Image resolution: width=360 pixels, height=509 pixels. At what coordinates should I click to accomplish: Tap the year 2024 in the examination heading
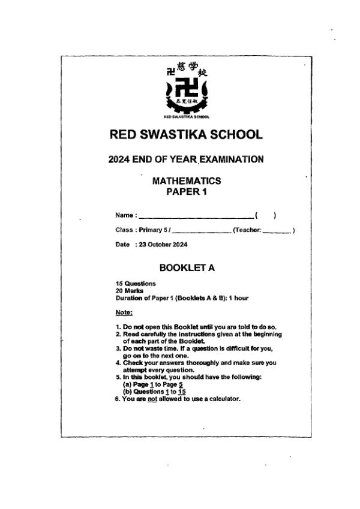121,159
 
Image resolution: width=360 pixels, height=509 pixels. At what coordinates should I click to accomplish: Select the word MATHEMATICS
187,180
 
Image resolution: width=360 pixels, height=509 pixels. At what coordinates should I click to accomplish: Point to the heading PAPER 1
186,192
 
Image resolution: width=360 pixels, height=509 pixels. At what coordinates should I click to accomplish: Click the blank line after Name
196,215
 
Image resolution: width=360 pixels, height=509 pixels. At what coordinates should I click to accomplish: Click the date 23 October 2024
163,245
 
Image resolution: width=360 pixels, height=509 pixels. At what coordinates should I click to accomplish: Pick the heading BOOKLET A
187,268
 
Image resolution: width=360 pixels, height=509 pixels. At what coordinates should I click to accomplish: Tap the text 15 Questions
135,284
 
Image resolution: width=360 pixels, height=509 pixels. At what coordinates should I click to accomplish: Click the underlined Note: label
124,312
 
